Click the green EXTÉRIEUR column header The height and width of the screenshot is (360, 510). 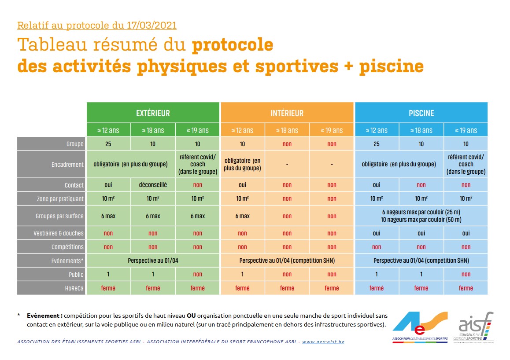pyautogui.click(x=153, y=113)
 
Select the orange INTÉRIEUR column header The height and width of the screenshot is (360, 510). pyautogui.click(x=287, y=113)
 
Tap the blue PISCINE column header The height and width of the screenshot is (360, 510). pyautogui.click(x=421, y=113)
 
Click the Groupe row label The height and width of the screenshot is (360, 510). pyautogui.click(x=75, y=144)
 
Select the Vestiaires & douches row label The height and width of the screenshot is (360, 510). pyautogui.click(x=61, y=233)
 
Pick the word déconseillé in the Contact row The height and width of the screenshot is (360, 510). pyautogui.click(x=153, y=185)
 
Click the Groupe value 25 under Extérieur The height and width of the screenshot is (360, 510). pyautogui.click(x=108, y=144)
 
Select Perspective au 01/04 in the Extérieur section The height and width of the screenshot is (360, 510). pyautogui.click(x=153, y=261)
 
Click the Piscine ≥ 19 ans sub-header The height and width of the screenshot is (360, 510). pyautogui.click(x=466, y=130)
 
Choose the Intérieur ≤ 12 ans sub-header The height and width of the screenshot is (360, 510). pyautogui.click(x=242, y=130)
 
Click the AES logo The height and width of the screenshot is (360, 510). pyautogui.click(x=420, y=326)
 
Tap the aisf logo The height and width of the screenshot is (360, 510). pyautogui.click(x=475, y=326)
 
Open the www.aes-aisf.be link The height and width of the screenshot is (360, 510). pyautogui.click(x=323, y=342)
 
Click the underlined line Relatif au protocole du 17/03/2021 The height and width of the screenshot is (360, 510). pyautogui.click(x=97, y=25)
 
